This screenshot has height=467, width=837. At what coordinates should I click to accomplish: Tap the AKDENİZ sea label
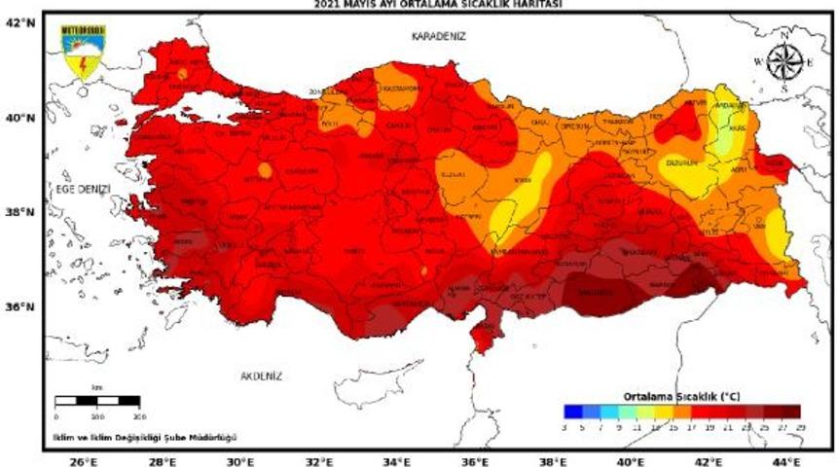point(260,375)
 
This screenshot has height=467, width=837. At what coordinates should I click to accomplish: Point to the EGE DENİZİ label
point(83,188)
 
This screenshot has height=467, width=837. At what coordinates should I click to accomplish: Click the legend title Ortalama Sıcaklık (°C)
point(681,396)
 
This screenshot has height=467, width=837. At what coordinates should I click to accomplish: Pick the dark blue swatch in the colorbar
point(572,411)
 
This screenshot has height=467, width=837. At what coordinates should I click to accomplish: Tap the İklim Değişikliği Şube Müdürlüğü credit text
point(144,436)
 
